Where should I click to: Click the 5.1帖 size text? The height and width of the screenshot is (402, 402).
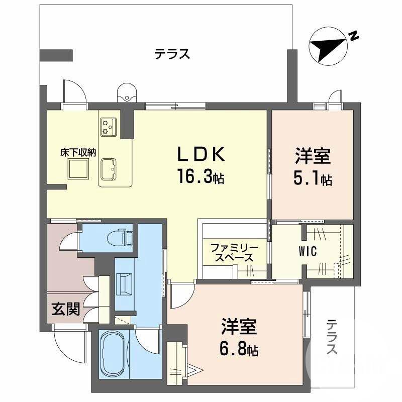click(313, 178)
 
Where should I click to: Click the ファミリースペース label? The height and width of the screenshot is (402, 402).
click(234, 253)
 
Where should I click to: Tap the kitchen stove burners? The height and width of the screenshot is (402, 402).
click(109, 126)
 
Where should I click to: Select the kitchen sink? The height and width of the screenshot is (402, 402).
click(109, 168)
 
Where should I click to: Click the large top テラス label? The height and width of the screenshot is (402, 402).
click(172, 54)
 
